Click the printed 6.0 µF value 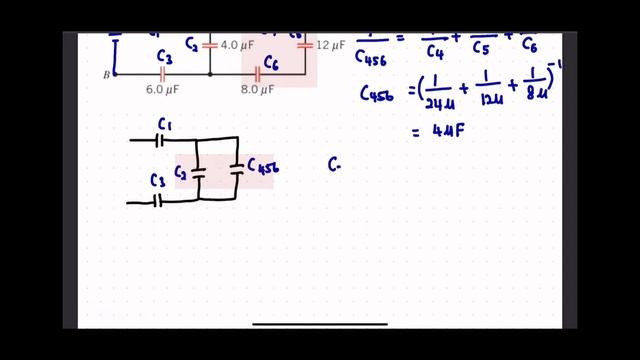(162, 89)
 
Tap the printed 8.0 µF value (257, 89)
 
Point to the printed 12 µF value (330, 45)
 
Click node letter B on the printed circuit (106, 74)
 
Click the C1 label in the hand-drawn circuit (165, 125)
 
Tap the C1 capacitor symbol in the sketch (160, 140)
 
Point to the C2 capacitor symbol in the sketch (198, 172)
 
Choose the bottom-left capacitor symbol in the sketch (158, 201)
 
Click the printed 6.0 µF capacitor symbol (162, 74)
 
